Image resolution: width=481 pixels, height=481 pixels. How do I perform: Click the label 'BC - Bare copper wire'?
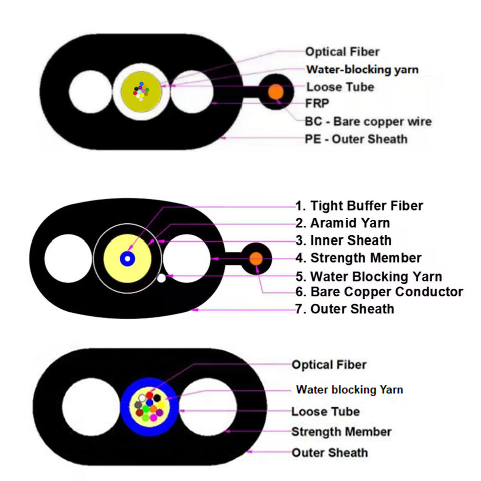tap(368, 121)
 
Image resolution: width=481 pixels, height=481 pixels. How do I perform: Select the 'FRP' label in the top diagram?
tap(317, 103)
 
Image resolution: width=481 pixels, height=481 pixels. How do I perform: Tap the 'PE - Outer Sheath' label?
tap(356, 139)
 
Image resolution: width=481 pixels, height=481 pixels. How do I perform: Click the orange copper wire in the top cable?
tap(276, 91)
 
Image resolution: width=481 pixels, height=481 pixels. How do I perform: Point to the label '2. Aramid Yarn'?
tap(343, 223)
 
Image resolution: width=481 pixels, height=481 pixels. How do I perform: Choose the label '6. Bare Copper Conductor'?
tap(379, 292)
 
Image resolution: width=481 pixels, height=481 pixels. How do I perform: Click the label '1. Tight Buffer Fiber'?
tap(359, 206)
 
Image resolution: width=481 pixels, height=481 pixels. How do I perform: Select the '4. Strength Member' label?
tap(359, 258)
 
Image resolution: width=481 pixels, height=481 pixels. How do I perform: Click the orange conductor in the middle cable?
tap(256, 259)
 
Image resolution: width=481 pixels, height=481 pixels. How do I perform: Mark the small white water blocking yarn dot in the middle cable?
tap(161, 278)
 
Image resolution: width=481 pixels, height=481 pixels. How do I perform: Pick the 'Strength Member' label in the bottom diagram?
tap(341, 432)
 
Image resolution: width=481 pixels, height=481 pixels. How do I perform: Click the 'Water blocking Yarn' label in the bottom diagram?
tap(349, 390)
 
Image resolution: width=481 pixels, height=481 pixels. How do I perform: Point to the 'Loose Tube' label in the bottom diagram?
tap(326, 412)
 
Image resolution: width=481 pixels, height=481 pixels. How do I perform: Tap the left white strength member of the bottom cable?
tap(91, 407)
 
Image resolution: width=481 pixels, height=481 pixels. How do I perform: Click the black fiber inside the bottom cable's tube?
tap(157, 398)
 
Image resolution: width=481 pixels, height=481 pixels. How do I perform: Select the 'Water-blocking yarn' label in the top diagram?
tap(363, 69)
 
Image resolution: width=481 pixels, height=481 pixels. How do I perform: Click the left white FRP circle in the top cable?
tap(90, 91)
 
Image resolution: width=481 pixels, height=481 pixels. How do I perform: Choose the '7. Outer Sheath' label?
tap(345, 309)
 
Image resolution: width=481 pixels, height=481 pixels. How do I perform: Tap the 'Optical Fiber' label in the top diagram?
tap(342, 52)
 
